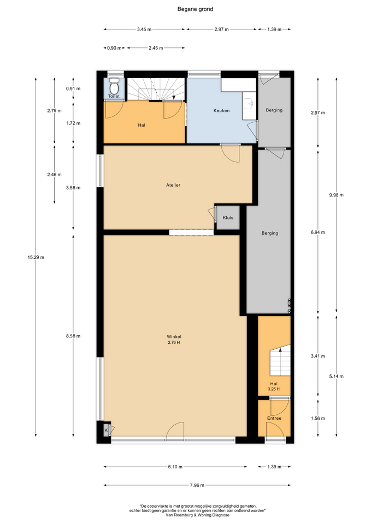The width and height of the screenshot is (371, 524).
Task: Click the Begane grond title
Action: [195, 9]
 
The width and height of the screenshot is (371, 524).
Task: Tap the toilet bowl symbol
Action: [114, 86]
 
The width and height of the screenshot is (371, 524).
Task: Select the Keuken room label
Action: [221, 110]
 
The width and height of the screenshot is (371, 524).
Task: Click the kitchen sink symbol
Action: [249, 103]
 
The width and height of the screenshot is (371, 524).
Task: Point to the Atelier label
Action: [173, 185]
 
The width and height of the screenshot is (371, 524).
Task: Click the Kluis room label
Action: [228, 218]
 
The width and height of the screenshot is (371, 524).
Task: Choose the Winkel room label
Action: [174, 337]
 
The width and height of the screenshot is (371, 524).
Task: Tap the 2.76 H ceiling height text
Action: [174, 343]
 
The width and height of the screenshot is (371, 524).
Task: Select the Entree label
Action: [274, 418]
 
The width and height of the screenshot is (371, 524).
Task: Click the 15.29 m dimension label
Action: [36, 257]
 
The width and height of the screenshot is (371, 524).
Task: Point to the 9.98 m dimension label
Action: [336, 195]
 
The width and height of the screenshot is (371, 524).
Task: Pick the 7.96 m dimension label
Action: [197, 485]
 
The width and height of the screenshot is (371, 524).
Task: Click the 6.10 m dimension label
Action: [175, 467]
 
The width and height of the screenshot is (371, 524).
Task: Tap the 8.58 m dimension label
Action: [73, 336]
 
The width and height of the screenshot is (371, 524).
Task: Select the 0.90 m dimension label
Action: [114, 48]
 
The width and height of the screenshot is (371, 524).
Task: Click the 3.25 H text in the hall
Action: [274, 389]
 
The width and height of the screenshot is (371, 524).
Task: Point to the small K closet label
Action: [106, 430]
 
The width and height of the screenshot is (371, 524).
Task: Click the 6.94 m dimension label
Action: [318, 233]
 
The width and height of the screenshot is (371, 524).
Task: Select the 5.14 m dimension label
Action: [336, 376]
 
